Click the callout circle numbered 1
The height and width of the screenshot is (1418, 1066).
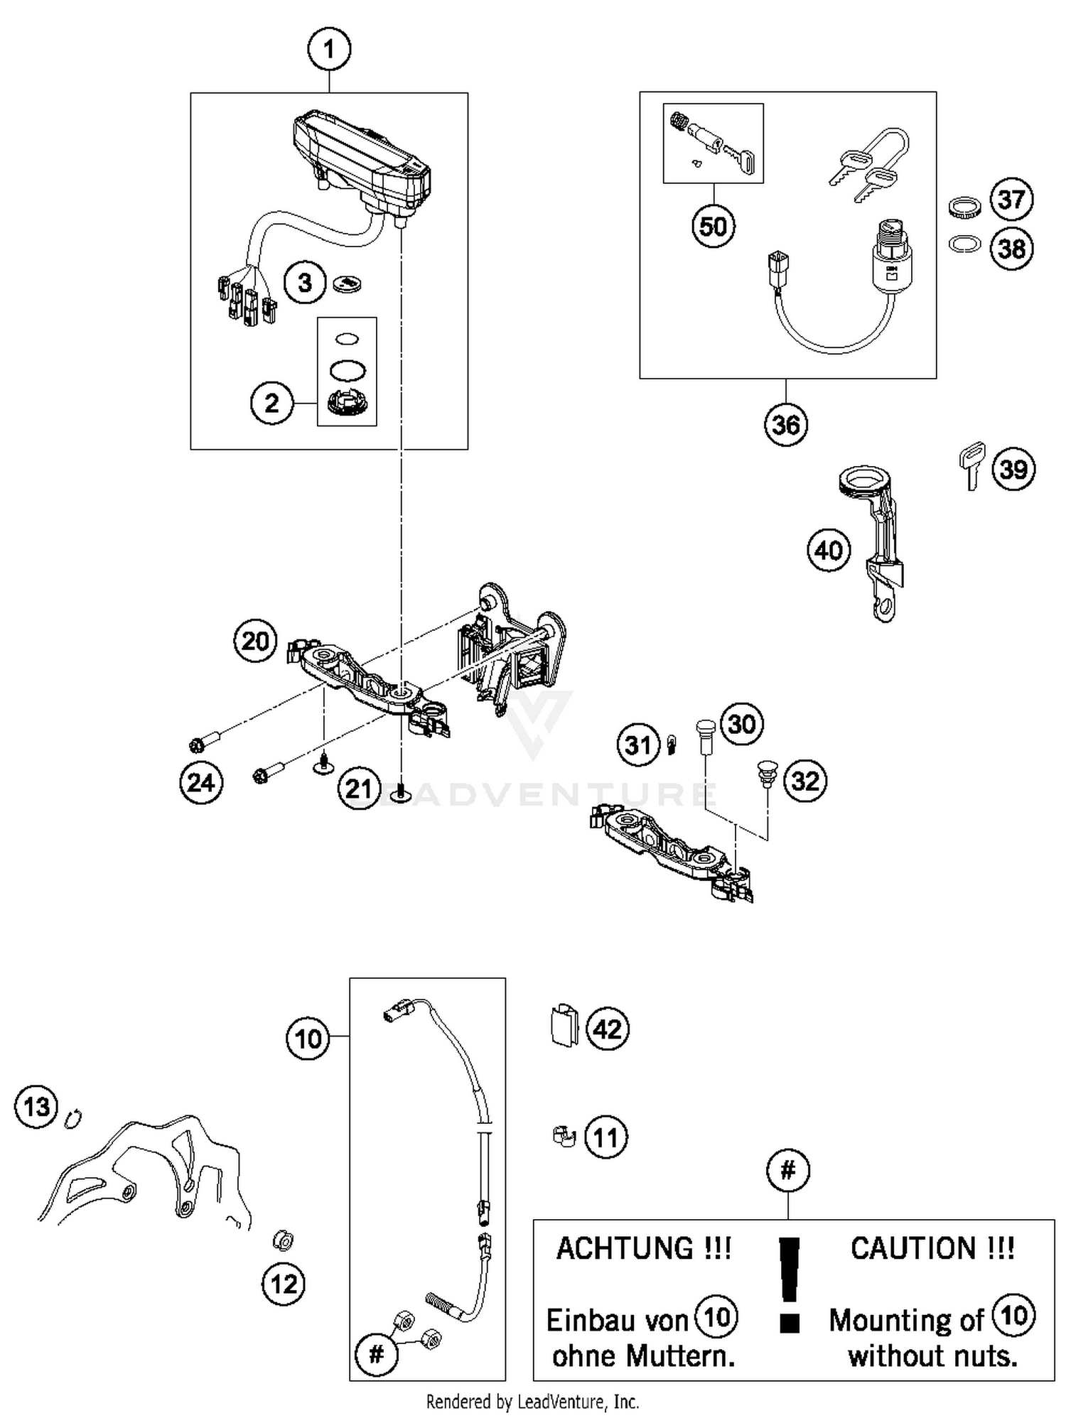pyautogui.click(x=328, y=50)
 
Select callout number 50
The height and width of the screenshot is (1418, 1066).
pyautogui.click(x=713, y=226)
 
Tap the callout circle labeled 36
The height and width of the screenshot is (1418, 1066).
pyautogui.click(x=786, y=425)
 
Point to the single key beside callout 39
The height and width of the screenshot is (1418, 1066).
pyautogui.click(x=971, y=465)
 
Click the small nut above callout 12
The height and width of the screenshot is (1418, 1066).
pyautogui.click(x=284, y=1240)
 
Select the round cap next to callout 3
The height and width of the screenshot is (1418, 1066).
pyautogui.click(x=348, y=283)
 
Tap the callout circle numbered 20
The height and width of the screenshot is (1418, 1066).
pyautogui.click(x=255, y=641)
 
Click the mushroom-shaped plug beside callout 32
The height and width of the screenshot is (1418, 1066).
pyautogui.click(x=766, y=773)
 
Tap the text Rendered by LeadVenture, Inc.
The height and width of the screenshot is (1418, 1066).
pyautogui.click(x=532, y=1402)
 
